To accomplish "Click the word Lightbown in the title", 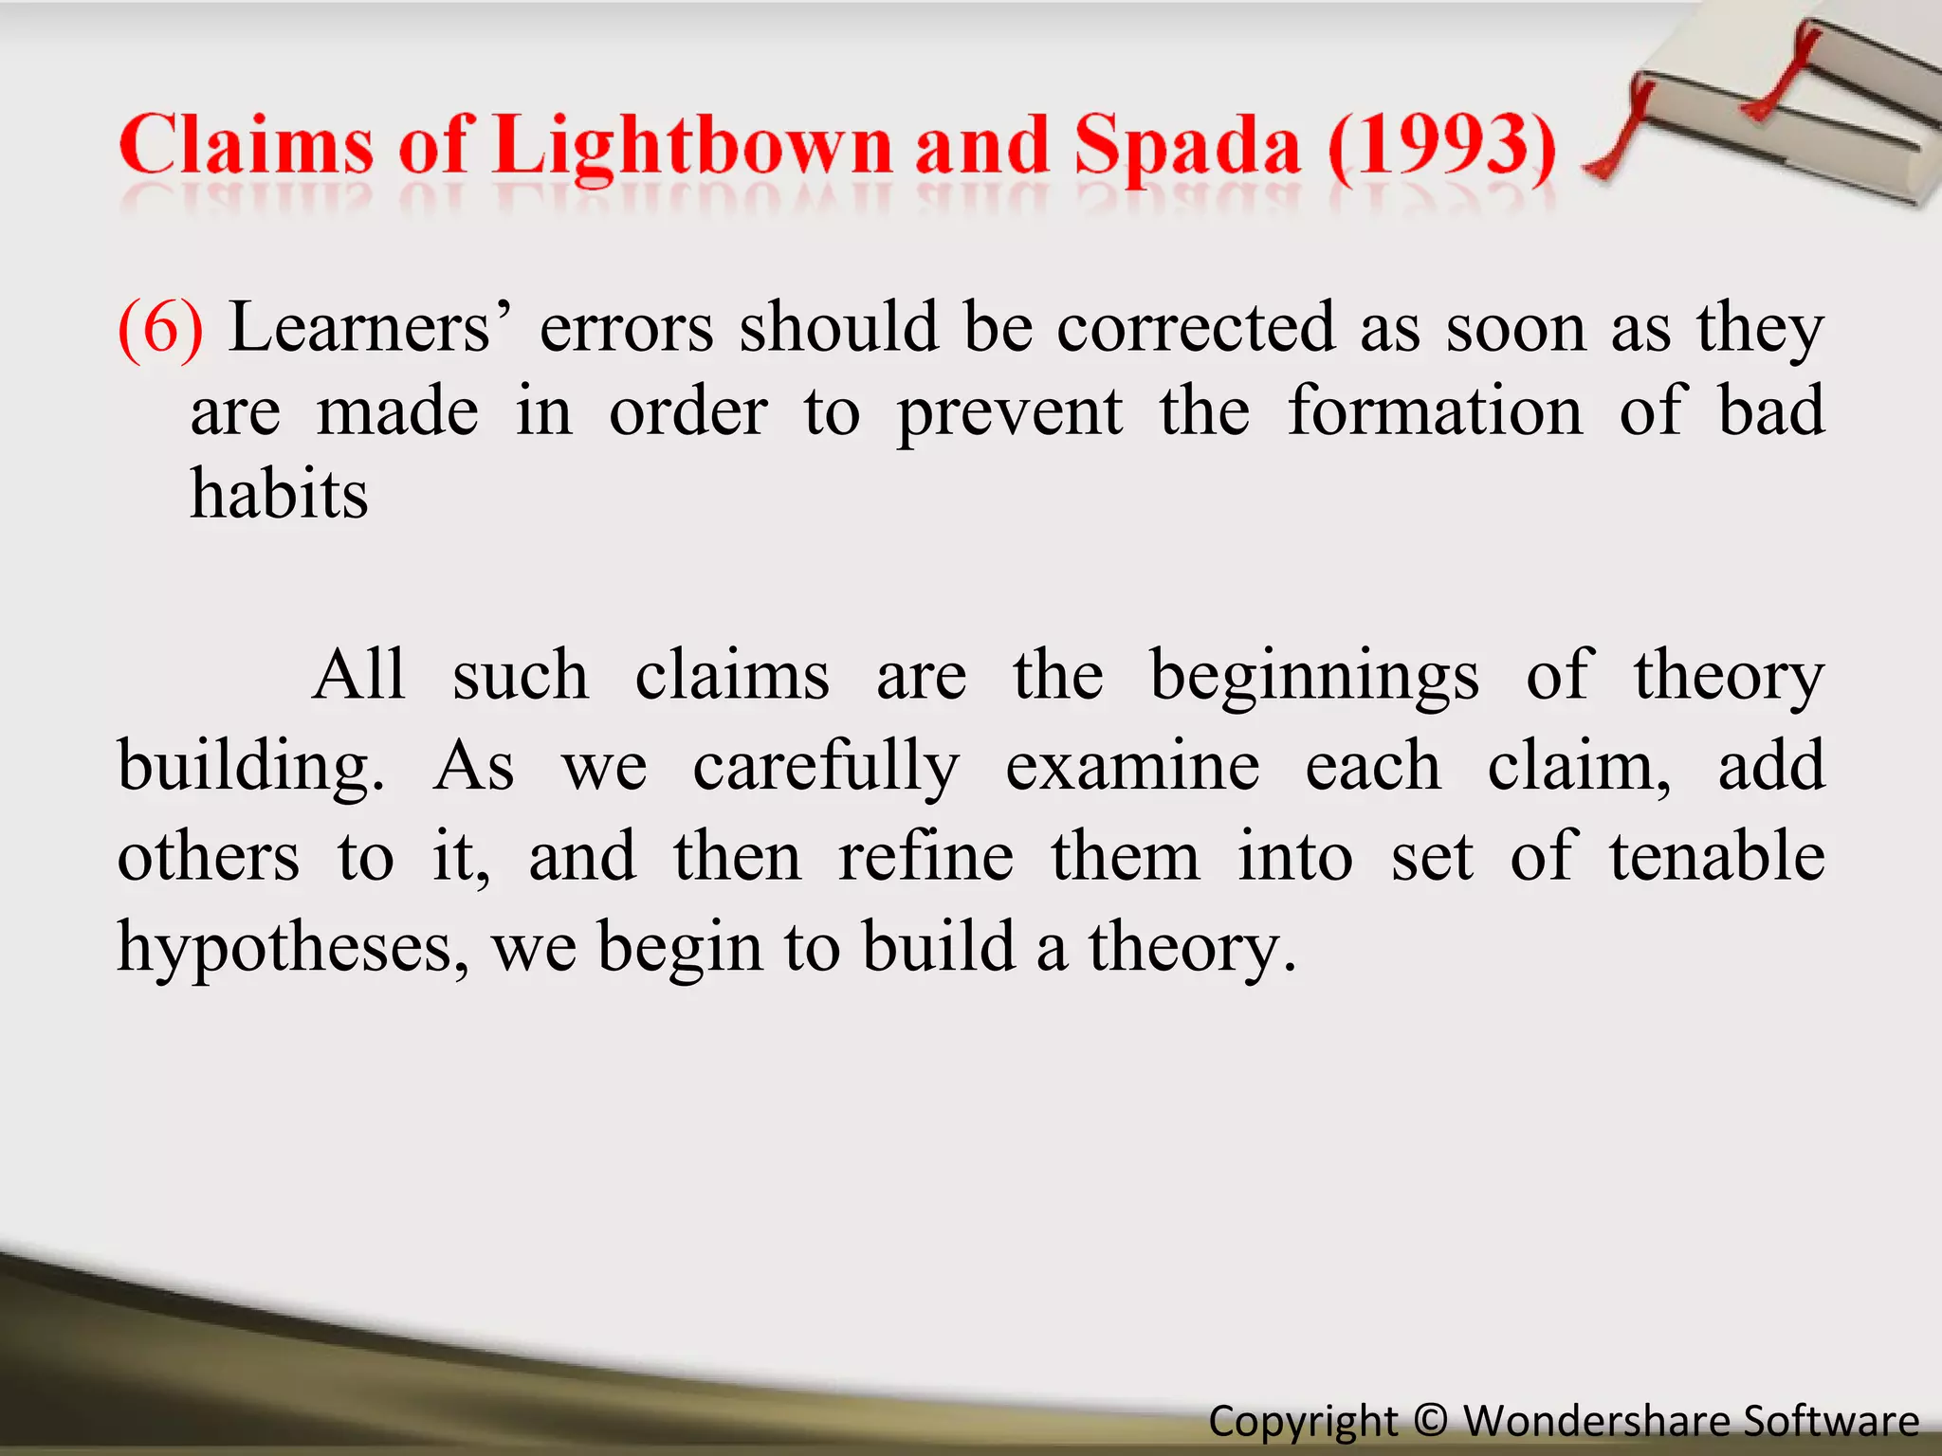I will coord(693,147).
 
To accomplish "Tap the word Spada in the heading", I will coord(1187,147).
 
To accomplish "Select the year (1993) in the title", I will coord(1441,147).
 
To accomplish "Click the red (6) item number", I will coord(160,327).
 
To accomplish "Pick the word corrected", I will coord(1196,327).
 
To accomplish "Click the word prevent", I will coord(1010,412).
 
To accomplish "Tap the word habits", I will coord(279,494).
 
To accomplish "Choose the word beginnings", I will coord(1314,676).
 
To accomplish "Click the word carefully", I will coord(826,766).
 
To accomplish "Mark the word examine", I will coord(1132,766).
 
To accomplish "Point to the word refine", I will coord(925,856).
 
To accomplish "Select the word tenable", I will coord(1716,856).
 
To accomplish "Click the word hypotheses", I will coord(292,948).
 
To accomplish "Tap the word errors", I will coord(626,327).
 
